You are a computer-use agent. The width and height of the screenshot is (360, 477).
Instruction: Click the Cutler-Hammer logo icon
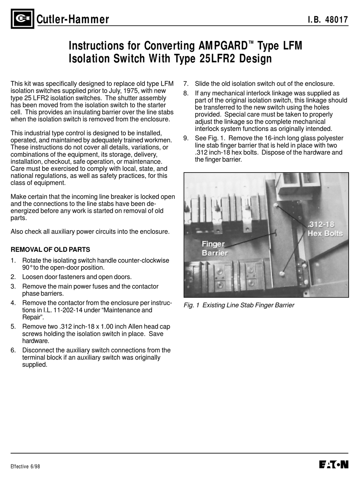(22, 19)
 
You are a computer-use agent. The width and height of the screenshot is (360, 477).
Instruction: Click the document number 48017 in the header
(337, 20)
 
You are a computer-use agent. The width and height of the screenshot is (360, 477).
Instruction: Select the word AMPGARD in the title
(223, 46)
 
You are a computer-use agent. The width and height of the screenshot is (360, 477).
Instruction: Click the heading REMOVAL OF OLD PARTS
(50, 249)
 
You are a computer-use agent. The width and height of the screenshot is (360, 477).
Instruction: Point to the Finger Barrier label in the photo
(213, 248)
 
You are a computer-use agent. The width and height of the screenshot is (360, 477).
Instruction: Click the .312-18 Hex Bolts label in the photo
(325, 229)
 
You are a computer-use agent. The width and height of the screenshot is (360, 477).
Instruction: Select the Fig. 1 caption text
(239, 305)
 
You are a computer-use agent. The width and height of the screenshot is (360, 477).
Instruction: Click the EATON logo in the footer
(334, 465)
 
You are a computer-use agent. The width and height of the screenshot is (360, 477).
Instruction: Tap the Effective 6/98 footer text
(25, 466)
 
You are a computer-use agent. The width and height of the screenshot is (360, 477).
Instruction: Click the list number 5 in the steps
(13, 327)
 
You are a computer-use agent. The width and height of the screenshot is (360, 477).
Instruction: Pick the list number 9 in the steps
(186, 138)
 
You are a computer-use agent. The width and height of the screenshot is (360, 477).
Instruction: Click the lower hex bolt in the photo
(282, 273)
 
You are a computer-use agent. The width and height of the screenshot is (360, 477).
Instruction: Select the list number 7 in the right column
(186, 84)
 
